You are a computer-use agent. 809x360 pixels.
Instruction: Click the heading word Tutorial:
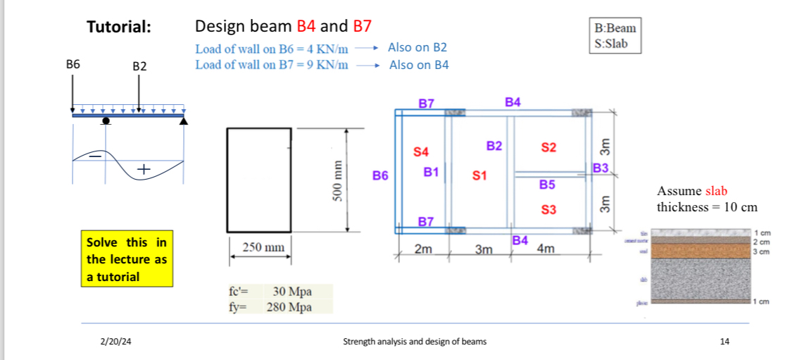click(118, 27)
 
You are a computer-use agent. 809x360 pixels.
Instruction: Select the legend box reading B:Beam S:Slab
click(615, 36)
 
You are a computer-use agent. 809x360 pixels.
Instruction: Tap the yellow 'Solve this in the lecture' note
click(127, 259)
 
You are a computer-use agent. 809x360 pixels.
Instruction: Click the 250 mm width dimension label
click(263, 247)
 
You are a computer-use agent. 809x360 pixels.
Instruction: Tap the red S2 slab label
click(548, 147)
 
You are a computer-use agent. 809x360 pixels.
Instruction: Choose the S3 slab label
click(548, 210)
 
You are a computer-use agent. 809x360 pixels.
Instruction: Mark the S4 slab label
click(420, 151)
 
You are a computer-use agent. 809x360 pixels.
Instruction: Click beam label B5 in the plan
click(547, 185)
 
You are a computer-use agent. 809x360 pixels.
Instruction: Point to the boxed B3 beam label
click(600, 168)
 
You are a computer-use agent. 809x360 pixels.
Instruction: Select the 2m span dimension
click(423, 249)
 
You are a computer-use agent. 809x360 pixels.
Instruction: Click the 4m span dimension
click(545, 249)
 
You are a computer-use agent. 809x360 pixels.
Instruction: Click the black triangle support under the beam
click(184, 121)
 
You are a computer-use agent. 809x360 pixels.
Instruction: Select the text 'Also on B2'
click(418, 47)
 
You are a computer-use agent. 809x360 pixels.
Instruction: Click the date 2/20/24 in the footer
click(115, 342)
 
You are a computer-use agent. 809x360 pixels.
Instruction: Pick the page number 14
click(725, 342)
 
